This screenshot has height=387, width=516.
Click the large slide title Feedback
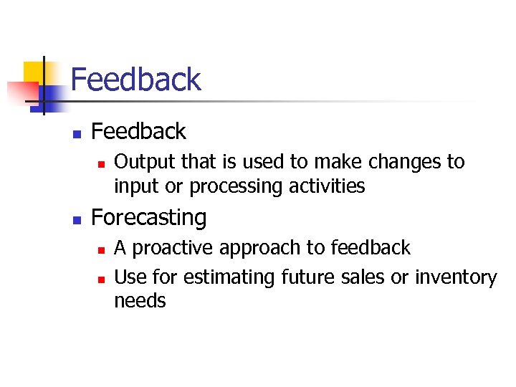click(135, 80)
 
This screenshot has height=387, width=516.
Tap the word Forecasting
click(149, 217)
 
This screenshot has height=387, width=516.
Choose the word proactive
click(173, 249)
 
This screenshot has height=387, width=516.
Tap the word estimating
click(230, 277)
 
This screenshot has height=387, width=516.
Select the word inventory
click(456, 277)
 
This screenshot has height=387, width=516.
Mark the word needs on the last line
click(140, 301)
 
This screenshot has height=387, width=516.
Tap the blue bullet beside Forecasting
click(77, 219)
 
